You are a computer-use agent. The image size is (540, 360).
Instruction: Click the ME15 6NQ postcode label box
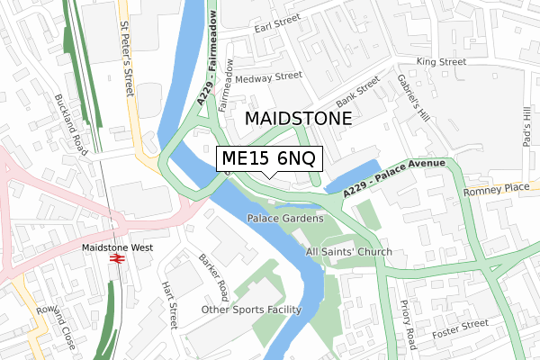pos(268,159)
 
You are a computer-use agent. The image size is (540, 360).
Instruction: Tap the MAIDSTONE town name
pos(298,118)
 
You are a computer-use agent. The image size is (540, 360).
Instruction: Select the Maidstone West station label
pos(116,247)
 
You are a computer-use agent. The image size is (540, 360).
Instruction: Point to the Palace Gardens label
pos(285,219)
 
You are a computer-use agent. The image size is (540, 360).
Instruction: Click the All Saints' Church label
pos(348,251)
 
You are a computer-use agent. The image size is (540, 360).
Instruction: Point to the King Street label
pos(441,62)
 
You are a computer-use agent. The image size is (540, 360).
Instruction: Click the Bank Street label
pos(357,91)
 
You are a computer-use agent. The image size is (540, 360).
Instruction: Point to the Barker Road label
pos(215,276)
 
